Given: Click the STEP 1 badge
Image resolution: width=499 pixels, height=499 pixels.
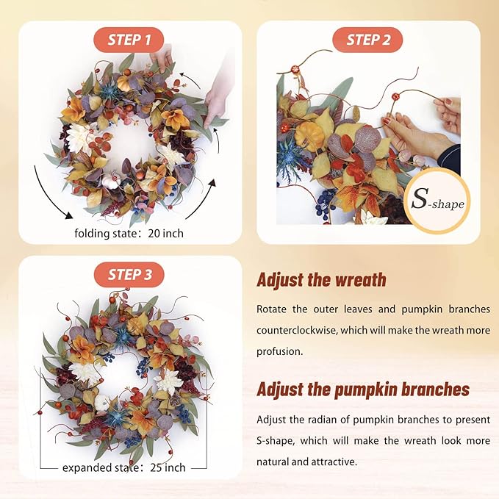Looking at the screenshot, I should [x=129, y=40].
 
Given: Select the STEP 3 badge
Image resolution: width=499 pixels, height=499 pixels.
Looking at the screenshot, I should [x=129, y=275].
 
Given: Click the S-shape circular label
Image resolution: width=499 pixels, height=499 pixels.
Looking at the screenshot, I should [x=437, y=201].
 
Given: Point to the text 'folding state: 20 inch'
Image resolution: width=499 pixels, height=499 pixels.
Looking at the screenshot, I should [x=129, y=234].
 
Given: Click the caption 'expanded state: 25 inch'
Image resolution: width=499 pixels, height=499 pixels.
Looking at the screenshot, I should [x=123, y=467].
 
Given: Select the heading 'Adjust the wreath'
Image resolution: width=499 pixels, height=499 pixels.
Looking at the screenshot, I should [x=321, y=280].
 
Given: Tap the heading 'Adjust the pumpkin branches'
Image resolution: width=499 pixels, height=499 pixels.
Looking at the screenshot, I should [x=362, y=389].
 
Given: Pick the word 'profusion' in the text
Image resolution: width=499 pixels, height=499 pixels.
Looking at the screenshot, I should [x=279, y=352].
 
